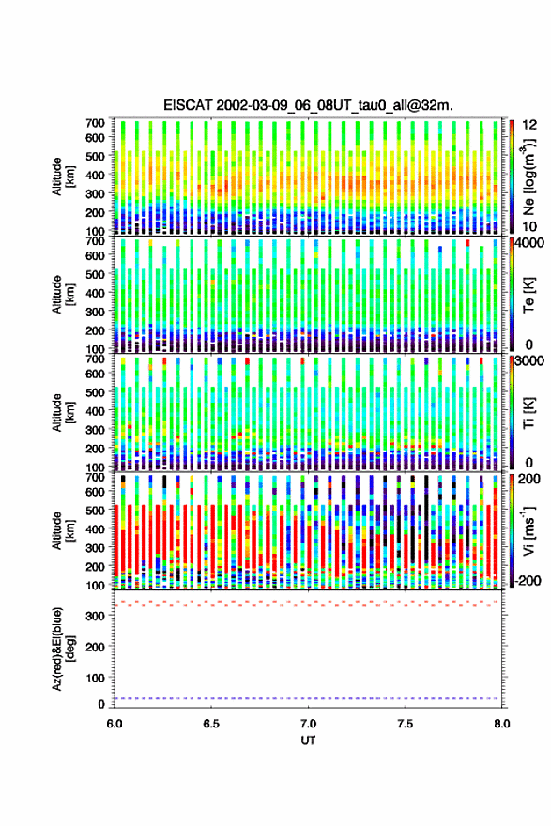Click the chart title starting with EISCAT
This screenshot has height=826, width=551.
tap(308, 105)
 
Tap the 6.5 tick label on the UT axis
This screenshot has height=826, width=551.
tap(211, 724)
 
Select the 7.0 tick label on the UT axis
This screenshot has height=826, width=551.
tap(308, 724)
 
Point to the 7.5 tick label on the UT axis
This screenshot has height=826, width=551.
tap(406, 724)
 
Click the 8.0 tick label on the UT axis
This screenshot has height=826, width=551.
tap(502, 724)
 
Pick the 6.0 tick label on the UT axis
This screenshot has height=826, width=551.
tap(115, 724)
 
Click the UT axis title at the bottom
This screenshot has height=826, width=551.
tap(308, 741)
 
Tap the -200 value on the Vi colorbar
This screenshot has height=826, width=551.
tap(528, 580)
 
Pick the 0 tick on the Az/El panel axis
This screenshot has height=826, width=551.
tap(101, 704)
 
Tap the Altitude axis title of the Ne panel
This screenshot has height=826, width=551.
tap(63, 176)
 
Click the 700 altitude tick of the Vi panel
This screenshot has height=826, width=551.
tap(96, 477)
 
